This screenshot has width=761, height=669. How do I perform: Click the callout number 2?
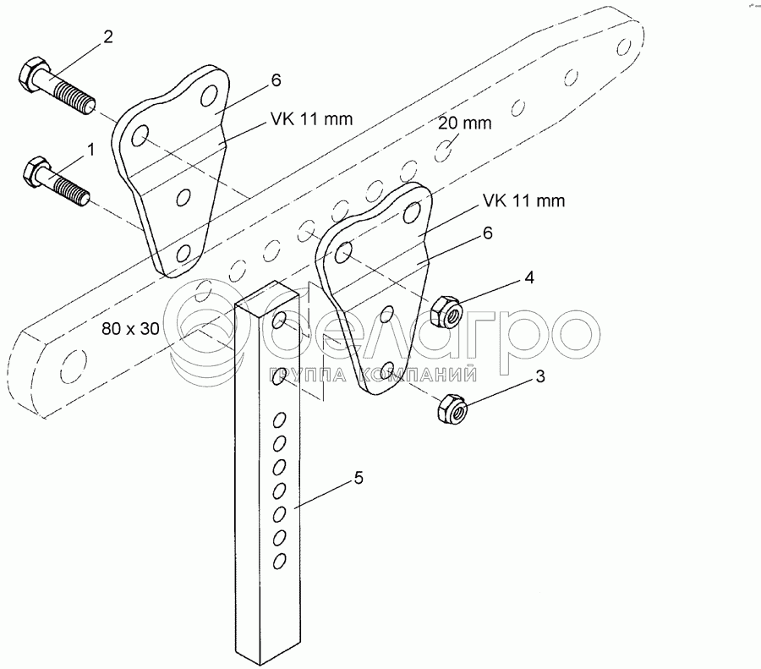(107, 36)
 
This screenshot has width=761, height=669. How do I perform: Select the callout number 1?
(90, 150)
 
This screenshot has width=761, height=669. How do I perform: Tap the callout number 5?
(359, 478)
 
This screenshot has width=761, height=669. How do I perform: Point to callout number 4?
(529, 277)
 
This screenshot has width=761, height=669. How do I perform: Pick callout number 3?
(540, 376)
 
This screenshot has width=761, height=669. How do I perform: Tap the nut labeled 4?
(446, 312)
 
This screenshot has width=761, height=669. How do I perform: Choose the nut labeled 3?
(452, 408)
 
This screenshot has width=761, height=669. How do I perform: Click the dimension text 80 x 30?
(130, 329)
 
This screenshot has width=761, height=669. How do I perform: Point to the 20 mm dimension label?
(464, 123)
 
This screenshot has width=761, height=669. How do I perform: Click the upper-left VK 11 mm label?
(311, 118)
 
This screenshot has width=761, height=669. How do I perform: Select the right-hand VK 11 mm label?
(523, 200)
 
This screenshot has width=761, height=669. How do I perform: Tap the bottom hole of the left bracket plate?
(183, 254)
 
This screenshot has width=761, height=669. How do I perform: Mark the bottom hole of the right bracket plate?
(386, 370)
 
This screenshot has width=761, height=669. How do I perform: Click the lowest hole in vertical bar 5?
(279, 562)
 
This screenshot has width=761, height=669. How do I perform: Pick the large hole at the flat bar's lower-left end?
(74, 365)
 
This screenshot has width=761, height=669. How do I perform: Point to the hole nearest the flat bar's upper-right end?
(622, 47)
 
